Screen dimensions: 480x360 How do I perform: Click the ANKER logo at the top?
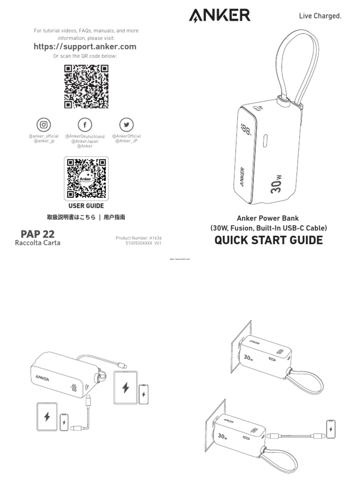(219, 15)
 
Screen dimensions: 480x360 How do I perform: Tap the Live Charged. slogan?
(320, 16)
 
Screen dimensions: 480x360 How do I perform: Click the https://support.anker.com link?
(85, 46)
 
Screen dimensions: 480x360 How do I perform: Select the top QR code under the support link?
(86, 86)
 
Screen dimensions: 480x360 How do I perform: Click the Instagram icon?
(44, 125)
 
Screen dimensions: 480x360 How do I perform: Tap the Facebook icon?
(85, 125)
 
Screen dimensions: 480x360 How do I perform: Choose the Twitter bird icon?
(126, 125)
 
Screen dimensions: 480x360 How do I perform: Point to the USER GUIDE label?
(86, 206)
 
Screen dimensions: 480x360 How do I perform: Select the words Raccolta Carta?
(37, 243)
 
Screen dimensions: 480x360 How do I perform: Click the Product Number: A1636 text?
(138, 238)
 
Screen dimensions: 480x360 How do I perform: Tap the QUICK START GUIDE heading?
(269, 240)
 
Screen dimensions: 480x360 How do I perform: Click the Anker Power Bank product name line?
(268, 218)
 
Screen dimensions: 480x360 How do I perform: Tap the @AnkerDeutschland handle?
(85, 136)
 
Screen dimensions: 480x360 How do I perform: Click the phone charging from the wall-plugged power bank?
(331, 428)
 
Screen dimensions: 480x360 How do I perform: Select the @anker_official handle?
(44, 136)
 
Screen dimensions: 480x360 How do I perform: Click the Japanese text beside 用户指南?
(71, 217)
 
